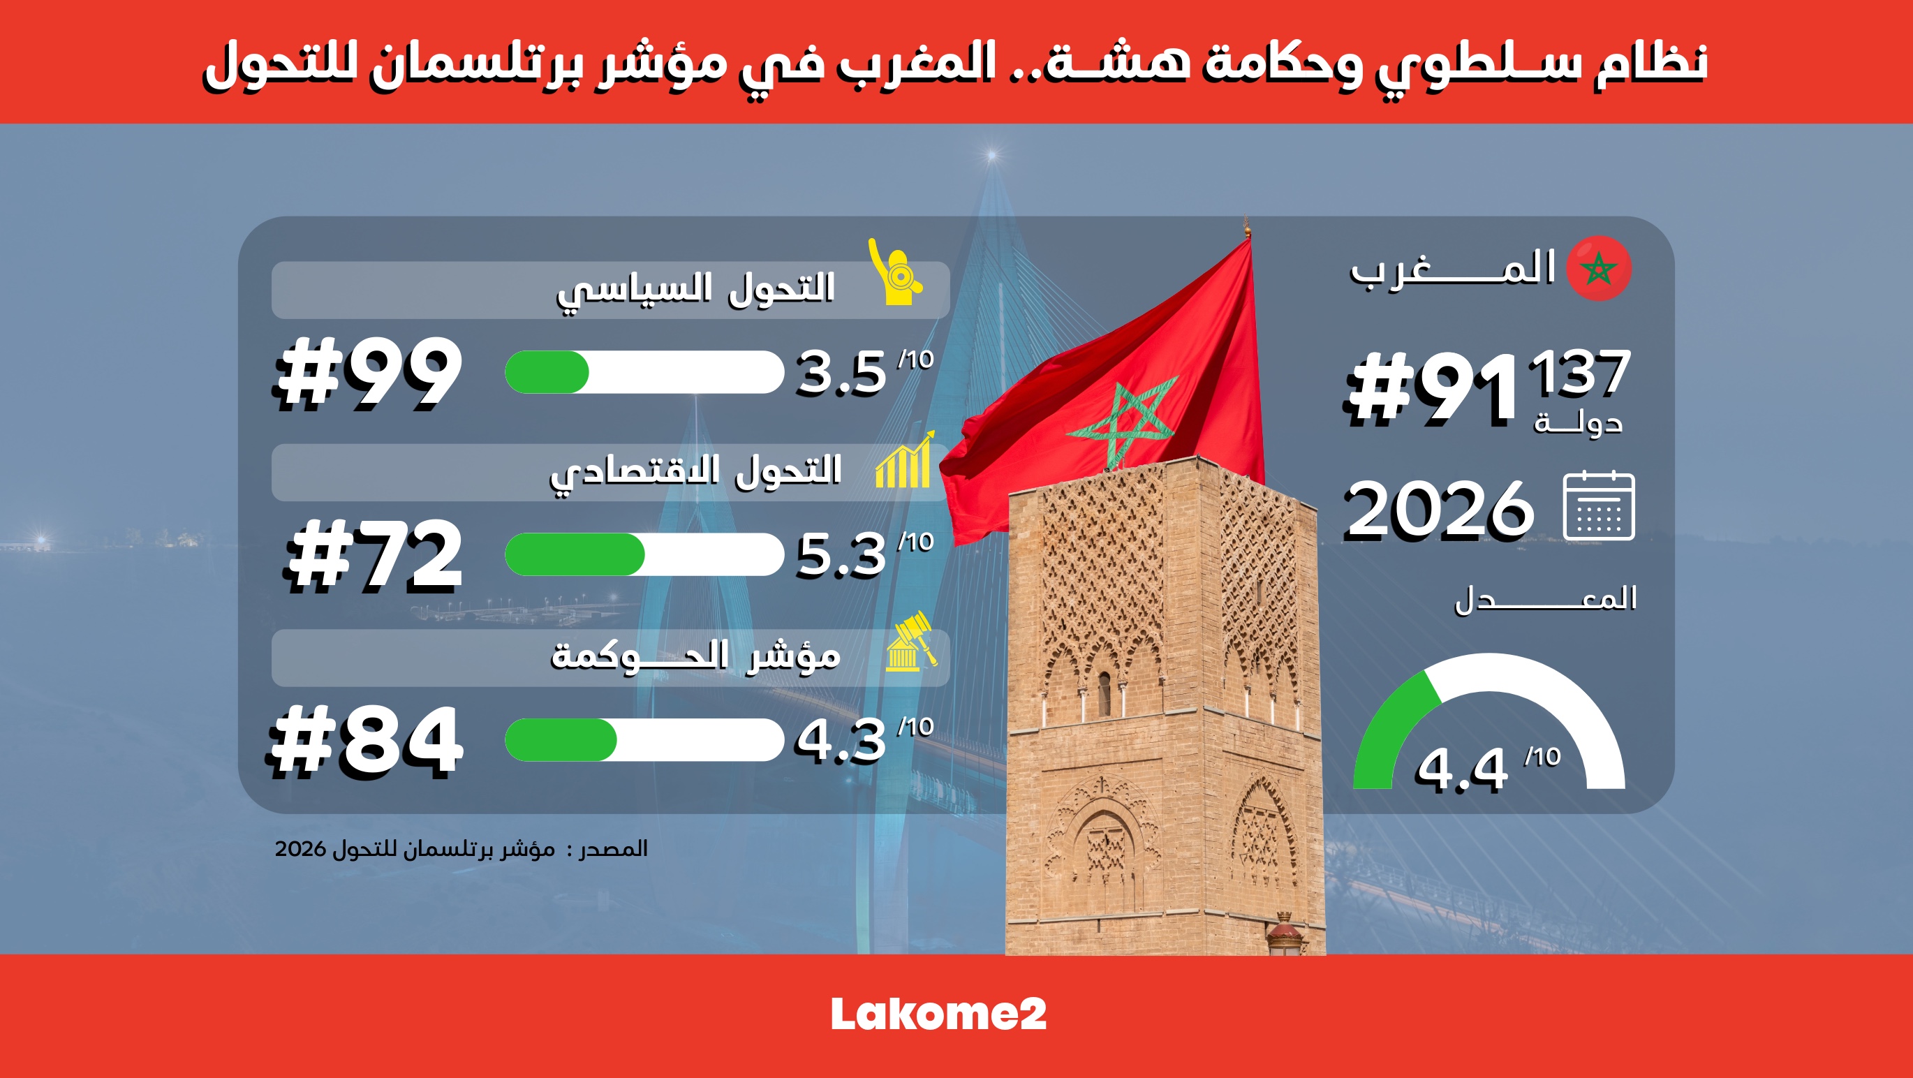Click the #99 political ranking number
[x=369, y=373]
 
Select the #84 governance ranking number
[x=365, y=741]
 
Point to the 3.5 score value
[x=841, y=372]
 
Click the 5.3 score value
[x=841, y=554]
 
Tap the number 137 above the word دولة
[x=1579, y=372]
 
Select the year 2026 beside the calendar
[x=1439, y=509]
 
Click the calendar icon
[x=1599, y=505]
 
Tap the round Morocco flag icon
[x=1599, y=268]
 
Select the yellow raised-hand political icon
[x=896, y=272]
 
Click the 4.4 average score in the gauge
[x=1461, y=770]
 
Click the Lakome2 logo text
[x=938, y=1014]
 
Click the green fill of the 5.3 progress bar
[x=575, y=554]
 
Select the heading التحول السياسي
[x=696, y=289]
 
